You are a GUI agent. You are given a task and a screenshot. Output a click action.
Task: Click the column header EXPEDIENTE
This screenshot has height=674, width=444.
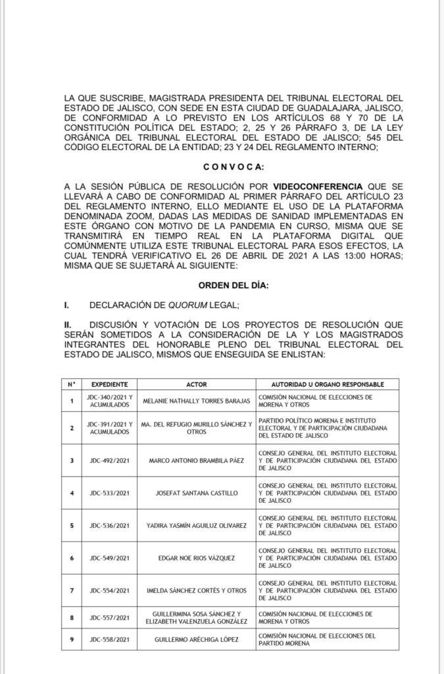coord(109,384)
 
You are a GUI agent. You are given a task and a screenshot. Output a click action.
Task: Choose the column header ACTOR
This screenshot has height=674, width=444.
coord(197,384)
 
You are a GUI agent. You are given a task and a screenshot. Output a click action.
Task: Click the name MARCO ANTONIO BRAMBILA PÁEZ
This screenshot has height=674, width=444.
coord(197,460)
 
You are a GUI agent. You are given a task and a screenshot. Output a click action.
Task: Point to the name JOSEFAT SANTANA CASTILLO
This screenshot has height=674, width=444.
coord(197,493)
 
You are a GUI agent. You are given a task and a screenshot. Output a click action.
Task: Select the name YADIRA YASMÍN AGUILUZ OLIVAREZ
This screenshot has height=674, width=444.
coord(197,526)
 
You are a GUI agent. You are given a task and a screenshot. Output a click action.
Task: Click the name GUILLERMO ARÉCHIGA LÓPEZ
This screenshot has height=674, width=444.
coord(197,639)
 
